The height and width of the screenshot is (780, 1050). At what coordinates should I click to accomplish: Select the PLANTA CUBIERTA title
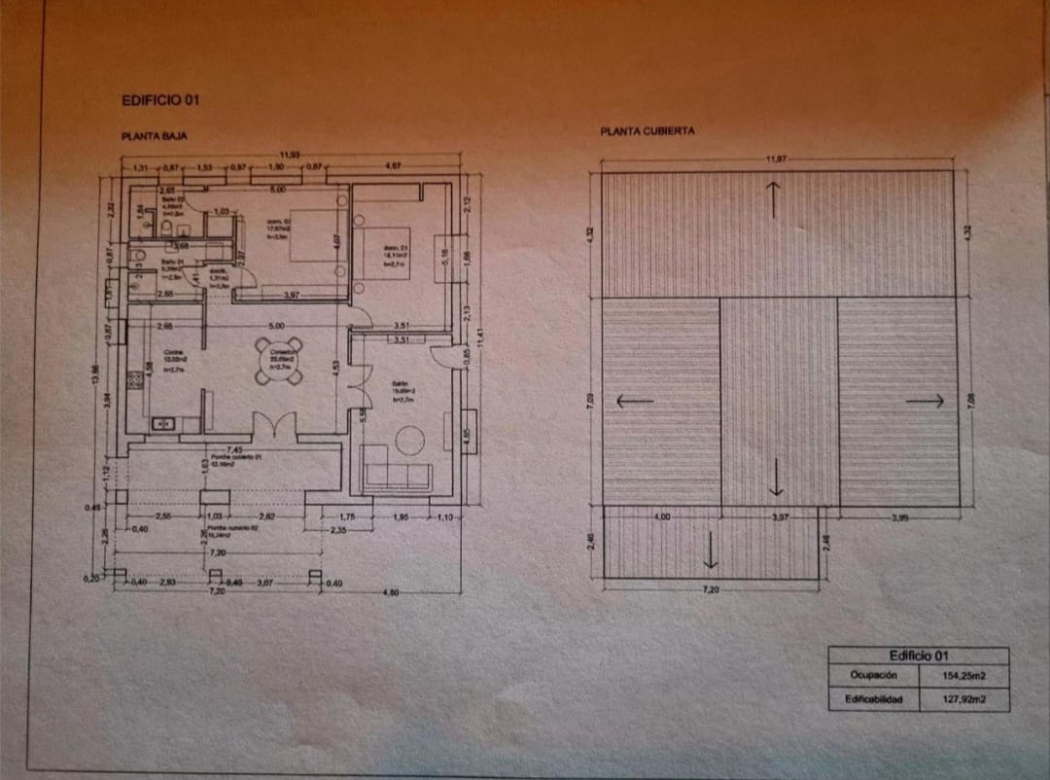pyautogui.click(x=647, y=130)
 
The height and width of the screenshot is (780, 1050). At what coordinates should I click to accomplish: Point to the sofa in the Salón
pyautogui.click(x=396, y=476)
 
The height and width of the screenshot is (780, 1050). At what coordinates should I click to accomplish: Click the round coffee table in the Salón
pyautogui.click(x=408, y=440)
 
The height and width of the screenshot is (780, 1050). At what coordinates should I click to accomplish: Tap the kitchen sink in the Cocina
pyautogui.click(x=163, y=423)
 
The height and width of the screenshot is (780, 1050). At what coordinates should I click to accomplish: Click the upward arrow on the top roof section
pyautogui.click(x=774, y=199)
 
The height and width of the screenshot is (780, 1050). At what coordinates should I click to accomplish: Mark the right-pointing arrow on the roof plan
pyautogui.click(x=925, y=400)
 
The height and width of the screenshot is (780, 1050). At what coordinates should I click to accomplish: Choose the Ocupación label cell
pyautogui.click(x=872, y=675)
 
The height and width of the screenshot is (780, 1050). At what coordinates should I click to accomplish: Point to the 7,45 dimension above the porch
pyautogui.click(x=234, y=449)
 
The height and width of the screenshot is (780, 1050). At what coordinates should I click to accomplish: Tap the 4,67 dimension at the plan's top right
pyautogui.click(x=394, y=166)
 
